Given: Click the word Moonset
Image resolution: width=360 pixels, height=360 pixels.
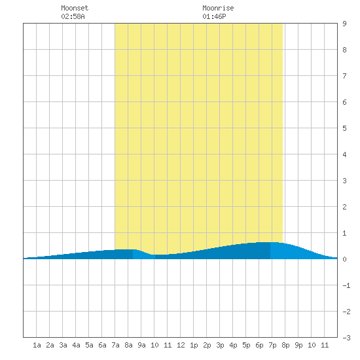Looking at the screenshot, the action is point(75,8).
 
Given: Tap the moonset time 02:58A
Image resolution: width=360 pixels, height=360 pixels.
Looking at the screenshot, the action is point(73,16).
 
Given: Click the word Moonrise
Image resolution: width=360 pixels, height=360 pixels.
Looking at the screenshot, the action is point(218,8).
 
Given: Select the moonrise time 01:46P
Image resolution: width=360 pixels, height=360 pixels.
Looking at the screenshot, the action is point(214,16).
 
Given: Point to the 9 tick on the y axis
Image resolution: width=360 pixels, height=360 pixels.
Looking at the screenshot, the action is point(344,24).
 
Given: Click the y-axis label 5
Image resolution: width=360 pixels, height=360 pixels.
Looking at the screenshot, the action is point(344,128).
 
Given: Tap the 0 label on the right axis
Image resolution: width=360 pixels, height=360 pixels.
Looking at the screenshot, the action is point(344,259).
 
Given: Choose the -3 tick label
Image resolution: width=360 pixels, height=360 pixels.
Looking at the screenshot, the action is point(346,338).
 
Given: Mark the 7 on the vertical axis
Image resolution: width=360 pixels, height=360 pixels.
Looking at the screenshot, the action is point(344,76).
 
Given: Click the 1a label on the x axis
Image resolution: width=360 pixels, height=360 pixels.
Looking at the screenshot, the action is point(37,345).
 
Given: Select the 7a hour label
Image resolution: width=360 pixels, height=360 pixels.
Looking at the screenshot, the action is point(115,345).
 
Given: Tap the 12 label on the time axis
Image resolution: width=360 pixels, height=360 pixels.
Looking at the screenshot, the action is point(181,345).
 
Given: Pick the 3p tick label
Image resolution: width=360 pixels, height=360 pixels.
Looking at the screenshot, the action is point(220,345).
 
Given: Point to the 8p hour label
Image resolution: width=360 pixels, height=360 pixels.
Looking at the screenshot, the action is point(285,345).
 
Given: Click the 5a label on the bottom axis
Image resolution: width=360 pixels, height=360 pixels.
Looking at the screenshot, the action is point(89,345).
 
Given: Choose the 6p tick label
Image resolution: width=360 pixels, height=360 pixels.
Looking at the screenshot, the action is point(259,345).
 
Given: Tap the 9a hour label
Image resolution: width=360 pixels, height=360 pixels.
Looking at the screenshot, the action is point(141,345).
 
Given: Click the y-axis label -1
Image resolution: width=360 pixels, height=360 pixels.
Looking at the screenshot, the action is point(346,285).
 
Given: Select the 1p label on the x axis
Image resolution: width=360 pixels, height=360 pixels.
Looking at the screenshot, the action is point(194,345).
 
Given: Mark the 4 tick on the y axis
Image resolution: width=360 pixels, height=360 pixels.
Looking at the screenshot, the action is point(344,154).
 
